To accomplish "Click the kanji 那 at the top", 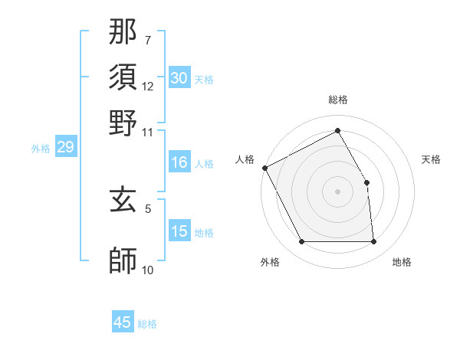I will pos(123,34).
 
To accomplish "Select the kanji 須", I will pos(123,78).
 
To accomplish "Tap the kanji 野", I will pos(123,123).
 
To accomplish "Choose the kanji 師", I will pos(123,261).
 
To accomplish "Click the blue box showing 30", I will pos(179,78).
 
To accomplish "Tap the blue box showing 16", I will pos(179,162).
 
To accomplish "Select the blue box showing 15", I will pos(179,231).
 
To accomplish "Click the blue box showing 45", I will pos(123,322).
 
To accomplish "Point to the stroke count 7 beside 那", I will pos(148,39).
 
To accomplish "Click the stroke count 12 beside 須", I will pos(148,86).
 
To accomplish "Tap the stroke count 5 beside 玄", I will pos(148,208).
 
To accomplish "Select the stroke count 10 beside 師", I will pos(148,270).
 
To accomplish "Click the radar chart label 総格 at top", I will pos(338,100).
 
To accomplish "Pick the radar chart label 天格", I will pos(432,159).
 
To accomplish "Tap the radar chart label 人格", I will pos(245,159).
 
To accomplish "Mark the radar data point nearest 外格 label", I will pos(301,242).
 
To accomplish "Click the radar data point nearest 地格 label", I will pos(374,242).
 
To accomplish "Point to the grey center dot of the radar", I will pos(338,191).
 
